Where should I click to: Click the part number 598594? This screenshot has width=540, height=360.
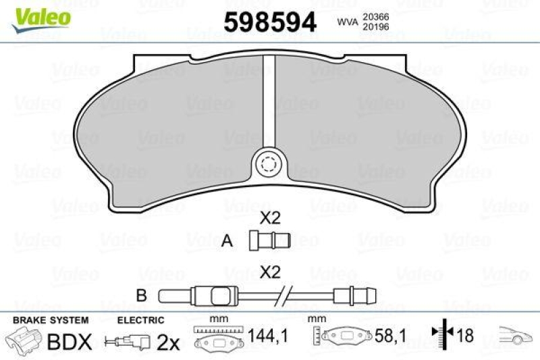[270, 22]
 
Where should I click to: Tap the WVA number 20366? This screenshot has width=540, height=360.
[375, 16]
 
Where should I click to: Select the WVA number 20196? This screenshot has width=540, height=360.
[375, 28]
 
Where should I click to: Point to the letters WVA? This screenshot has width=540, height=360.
[347, 22]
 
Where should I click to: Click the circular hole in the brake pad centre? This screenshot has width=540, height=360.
[269, 164]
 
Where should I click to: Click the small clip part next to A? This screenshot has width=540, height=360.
[268, 239]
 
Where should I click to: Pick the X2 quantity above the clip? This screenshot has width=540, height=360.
[270, 218]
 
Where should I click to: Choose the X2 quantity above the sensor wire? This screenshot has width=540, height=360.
[270, 274]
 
